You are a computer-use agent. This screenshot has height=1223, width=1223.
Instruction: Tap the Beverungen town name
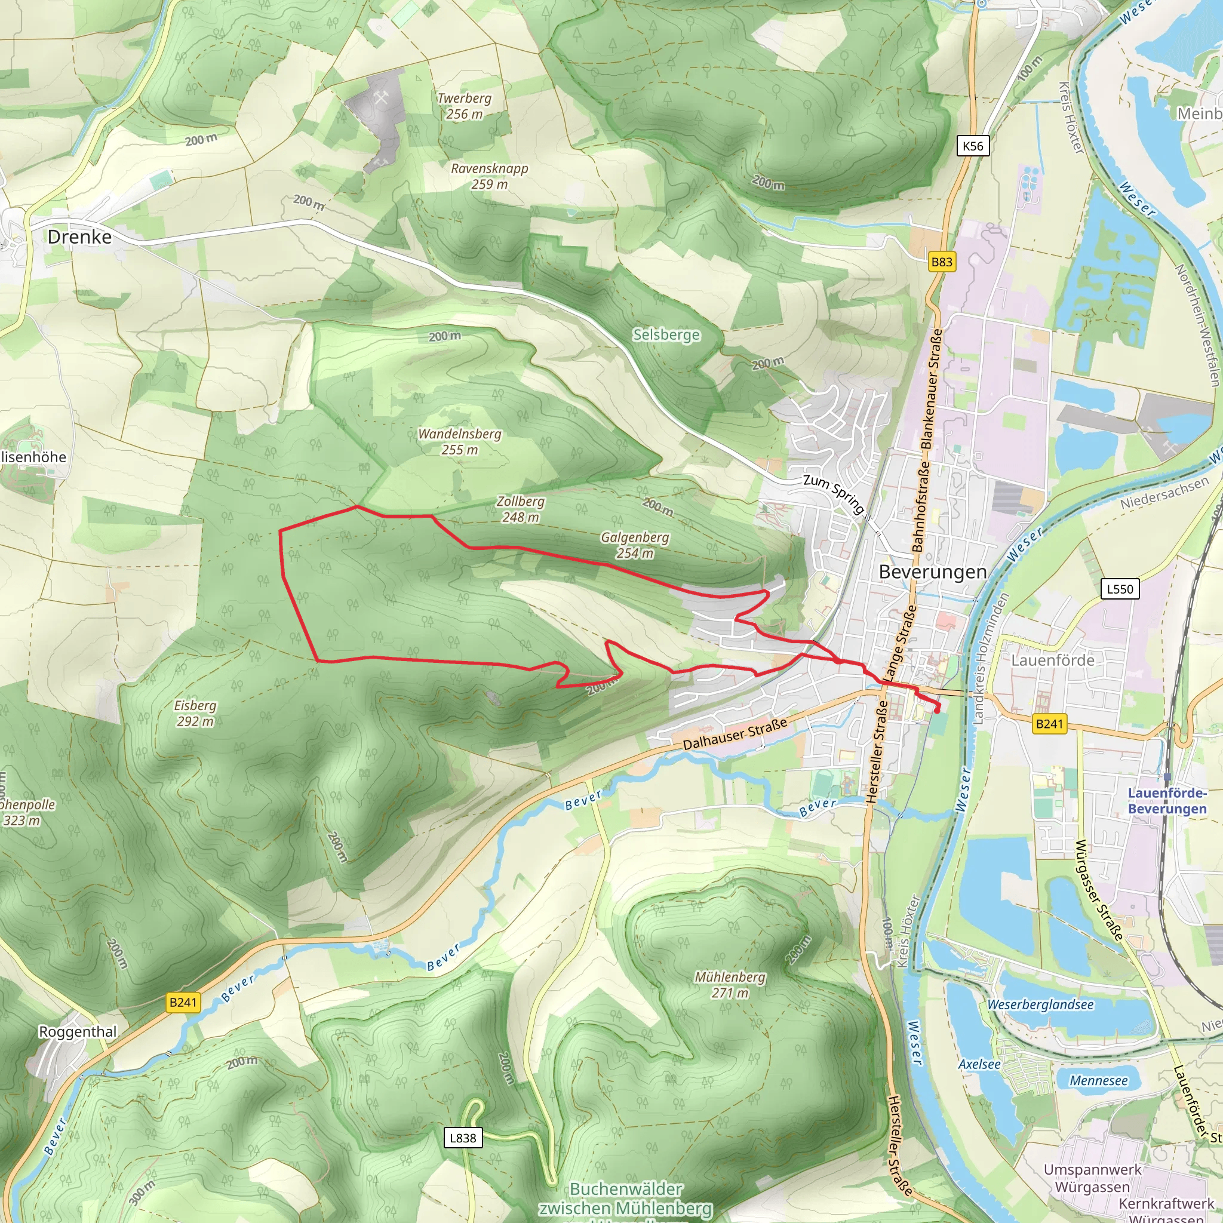[x=932, y=571]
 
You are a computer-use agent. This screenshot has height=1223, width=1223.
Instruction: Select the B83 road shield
[x=941, y=262]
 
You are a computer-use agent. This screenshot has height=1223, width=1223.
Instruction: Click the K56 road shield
[x=972, y=146]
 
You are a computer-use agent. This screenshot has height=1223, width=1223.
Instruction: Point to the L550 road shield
[x=1120, y=589]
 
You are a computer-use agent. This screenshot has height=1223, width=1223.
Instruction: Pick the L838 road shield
[x=463, y=1138]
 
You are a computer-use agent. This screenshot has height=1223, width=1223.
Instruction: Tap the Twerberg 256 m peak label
[x=464, y=106]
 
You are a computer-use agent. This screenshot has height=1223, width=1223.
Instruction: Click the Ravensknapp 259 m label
[x=489, y=176]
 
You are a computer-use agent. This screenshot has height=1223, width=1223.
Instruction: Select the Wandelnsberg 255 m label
[x=460, y=442]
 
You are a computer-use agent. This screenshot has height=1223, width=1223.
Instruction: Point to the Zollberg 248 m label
[x=520, y=509]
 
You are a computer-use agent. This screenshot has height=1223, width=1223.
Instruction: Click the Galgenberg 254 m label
[x=635, y=545]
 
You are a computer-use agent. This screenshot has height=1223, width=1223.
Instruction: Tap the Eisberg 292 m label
[x=195, y=713]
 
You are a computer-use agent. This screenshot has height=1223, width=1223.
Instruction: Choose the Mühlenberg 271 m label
[x=730, y=984]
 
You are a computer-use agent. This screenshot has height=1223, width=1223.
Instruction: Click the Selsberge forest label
[x=666, y=335]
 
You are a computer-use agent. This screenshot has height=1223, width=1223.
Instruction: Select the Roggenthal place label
[x=78, y=1032]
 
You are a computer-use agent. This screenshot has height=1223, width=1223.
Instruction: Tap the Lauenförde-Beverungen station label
[x=1167, y=801]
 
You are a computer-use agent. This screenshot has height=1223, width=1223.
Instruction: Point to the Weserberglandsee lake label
[x=1040, y=1004]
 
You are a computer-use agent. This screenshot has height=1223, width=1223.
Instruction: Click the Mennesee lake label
[x=1098, y=1080]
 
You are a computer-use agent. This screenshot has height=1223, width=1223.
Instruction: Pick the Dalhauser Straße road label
[x=735, y=735]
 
